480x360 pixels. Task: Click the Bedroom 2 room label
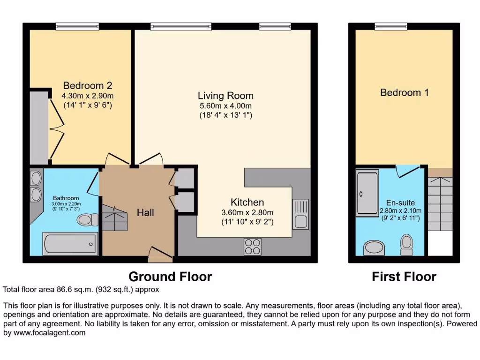pyautogui.click(x=88, y=86)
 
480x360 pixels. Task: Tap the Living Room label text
pyautogui.click(x=225, y=96)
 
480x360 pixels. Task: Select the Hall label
pyautogui.click(x=145, y=213)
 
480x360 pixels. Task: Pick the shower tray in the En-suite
pyautogui.click(x=367, y=184)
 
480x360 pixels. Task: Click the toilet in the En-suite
pyautogui.click(x=406, y=244)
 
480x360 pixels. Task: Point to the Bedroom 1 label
pyautogui.click(x=404, y=93)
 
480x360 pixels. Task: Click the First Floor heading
pyautogui.click(x=404, y=277)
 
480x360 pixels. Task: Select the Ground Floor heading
pyautogui.click(x=170, y=277)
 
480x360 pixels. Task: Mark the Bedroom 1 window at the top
pyautogui.click(x=390, y=26)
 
